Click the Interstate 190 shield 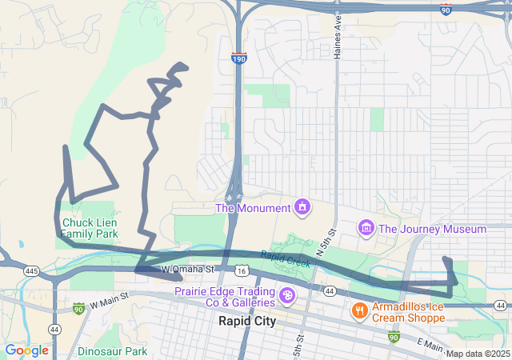click(238, 58)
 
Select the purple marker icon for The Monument click(302, 208)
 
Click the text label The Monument click(253, 209)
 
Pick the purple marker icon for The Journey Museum click(366, 229)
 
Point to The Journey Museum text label click(432, 230)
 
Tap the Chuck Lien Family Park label click(90, 228)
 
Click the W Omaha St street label click(189, 270)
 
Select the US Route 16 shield click(241, 272)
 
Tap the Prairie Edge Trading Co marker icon click(286, 298)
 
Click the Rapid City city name click(247, 321)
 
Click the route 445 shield click(31, 272)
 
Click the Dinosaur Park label click(113, 351)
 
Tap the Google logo click(26, 350)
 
